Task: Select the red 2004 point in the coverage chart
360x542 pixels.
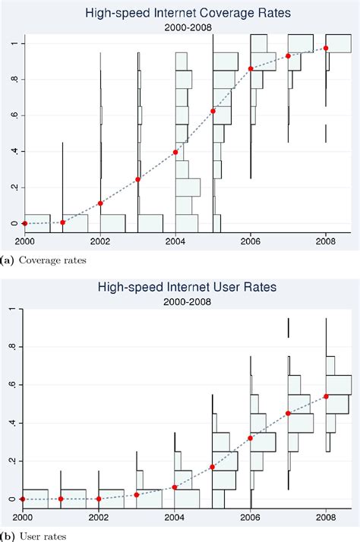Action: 175,152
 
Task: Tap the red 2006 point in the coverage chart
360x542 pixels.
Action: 251,69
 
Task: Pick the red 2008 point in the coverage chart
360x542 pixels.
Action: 326,49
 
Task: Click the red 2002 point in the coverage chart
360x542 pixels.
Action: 100,203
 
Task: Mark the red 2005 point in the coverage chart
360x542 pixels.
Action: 213,112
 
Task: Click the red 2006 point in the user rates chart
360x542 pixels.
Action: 251,438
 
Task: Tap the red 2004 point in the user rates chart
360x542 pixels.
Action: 175,487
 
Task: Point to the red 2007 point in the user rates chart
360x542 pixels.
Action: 288,414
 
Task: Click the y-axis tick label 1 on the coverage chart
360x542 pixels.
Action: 11,44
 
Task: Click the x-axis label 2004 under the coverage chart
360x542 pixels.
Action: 175,241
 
